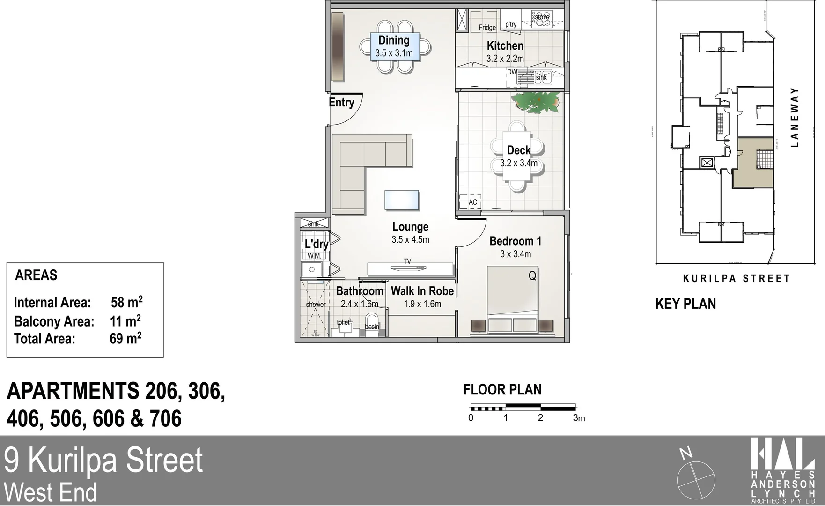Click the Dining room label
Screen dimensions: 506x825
(x=394, y=41)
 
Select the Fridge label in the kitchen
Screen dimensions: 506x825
(x=487, y=28)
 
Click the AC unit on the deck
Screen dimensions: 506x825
(x=472, y=202)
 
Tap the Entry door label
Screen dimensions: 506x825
(x=341, y=103)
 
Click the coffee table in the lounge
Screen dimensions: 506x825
(x=401, y=200)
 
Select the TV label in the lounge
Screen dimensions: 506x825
(x=407, y=261)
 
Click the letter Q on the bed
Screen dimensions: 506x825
(x=532, y=276)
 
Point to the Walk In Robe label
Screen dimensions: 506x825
(x=422, y=291)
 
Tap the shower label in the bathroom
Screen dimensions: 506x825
(x=316, y=305)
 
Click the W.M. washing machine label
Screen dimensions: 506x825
(x=314, y=256)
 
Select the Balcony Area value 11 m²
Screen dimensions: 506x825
(x=125, y=321)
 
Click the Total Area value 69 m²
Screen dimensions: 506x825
(x=125, y=338)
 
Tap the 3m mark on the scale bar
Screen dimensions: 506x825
(x=579, y=418)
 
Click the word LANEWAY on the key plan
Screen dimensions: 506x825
(x=794, y=117)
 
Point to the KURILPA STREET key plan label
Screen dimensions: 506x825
(x=737, y=279)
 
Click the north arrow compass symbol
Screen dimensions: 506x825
(x=696, y=479)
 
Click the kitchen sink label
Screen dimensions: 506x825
(x=541, y=78)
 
